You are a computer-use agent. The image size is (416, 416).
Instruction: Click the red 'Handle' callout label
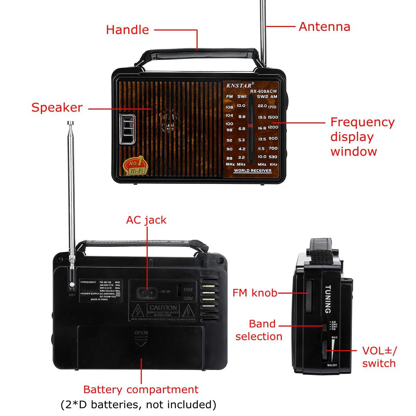(x=127, y=30)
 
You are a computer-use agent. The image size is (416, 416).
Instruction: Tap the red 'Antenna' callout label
(x=324, y=27)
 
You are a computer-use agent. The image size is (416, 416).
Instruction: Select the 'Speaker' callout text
(x=57, y=107)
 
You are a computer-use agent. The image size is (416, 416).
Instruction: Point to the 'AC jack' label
(x=146, y=220)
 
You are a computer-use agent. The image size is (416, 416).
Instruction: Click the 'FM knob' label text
(x=255, y=293)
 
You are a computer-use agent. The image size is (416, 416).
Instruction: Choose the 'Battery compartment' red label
(x=141, y=389)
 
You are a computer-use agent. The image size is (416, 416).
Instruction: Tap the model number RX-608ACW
(x=263, y=92)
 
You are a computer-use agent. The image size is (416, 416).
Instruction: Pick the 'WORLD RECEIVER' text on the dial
(x=252, y=171)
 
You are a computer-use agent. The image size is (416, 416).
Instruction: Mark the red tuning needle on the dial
(x=250, y=125)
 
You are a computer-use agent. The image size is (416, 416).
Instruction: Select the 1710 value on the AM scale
(x=272, y=107)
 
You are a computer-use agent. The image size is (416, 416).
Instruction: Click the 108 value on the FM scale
(x=229, y=107)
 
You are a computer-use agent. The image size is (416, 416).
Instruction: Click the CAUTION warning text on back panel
(x=163, y=307)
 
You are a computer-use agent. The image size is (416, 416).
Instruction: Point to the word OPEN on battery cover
(x=141, y=333)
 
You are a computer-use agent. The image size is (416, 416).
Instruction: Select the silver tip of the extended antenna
(x=70, y=123)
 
